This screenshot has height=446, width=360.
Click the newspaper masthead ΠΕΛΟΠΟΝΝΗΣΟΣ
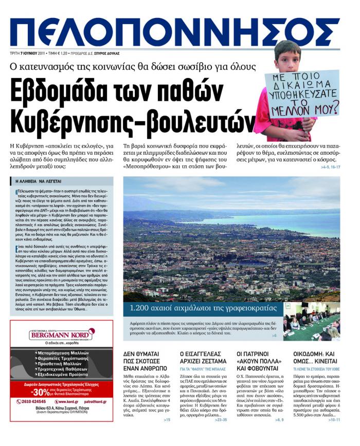pos(175,32)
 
